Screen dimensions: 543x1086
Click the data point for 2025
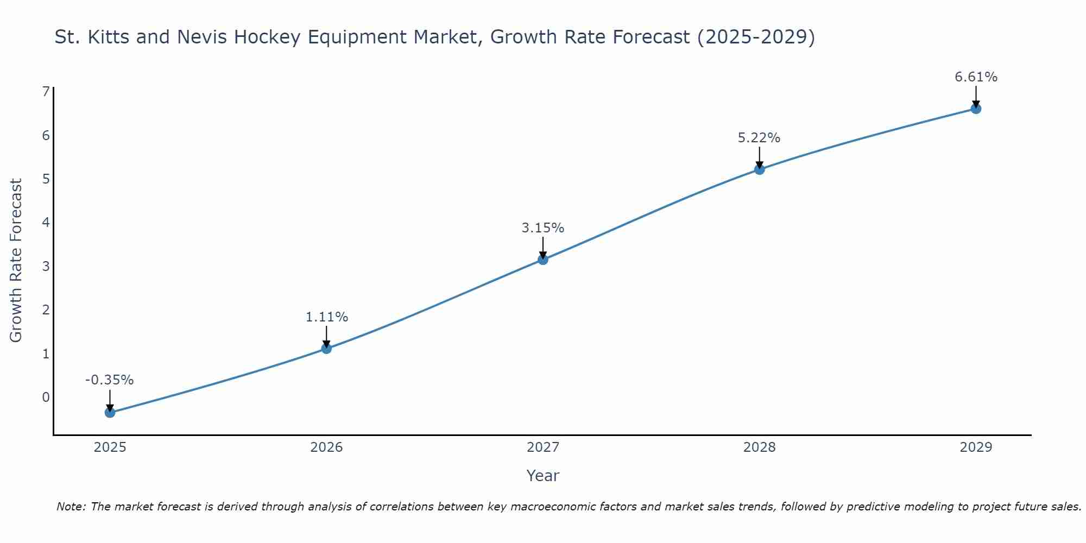pyautogui.click(x=110, y=412)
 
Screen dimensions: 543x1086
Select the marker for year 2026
pyautogui.click(x=326, y=348)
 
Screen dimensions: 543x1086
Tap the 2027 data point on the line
pyautogui.click(x=543, y=260)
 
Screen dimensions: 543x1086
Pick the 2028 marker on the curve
pyautogui.click(x=759, y=169)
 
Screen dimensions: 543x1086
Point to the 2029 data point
pyautogui.click(x=976, y=109)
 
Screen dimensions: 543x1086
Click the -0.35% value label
pyautogui.click(x=110, y=380)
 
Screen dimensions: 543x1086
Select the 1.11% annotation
pyautogui.click(x=326, y=317)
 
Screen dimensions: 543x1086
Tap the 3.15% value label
pyautogui.click(x=543, y=228)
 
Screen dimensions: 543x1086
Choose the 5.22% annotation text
pyautogui.click(x=759, y=138)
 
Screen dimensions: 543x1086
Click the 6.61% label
pyautogui.click(x=976, y=77)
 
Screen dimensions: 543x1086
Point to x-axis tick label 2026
pyautogui.click(x=326, y=447)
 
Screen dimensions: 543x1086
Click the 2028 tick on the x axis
pyautogui.click(x=759, y=447)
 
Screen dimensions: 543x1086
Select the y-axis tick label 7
pyautogui.click(x=46, y=91)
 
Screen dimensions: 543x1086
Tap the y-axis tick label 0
pyautogui.click(x=46, y=397)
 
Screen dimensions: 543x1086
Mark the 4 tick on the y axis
pyautogui.click(x=46, y=222)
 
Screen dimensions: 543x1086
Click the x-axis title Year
pyautogui.click(x=543, y=476)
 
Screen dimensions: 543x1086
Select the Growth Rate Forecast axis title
pyautogui.click(x=16, y=261)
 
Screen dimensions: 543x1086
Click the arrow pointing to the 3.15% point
pyautogui.click(x=543, y=247)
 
